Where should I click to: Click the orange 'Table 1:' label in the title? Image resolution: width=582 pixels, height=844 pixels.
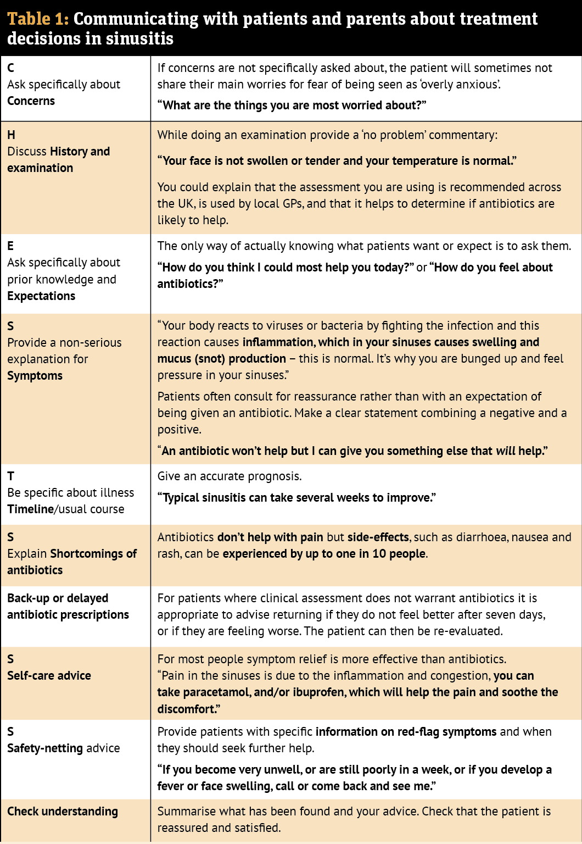pyautogui.click(x=38, y=19)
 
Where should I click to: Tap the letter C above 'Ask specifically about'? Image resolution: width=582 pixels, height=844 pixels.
pyautogui.click(x=11, y=68)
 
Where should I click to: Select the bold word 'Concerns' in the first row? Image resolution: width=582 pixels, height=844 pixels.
pyautogui.click(x=31, y=101)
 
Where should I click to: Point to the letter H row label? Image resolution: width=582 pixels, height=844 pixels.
pyautogui.click(x=11, y=135)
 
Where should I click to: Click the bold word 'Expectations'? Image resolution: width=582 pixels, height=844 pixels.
pyautogui.click(x=41, y=296)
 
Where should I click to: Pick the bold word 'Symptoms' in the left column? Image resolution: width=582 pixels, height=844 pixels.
pyautogui.click(x=35, y=376)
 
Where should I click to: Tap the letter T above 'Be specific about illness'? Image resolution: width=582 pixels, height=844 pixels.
pyautogui.click(x=11, y=476)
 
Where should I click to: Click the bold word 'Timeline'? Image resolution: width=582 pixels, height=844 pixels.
pyautogui.click(x=30, y=509)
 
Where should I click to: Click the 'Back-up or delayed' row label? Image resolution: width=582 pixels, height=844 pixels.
pyautogui.click(x=58, y=598)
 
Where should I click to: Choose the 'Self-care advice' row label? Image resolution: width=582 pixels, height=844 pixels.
pyautogui.click(x=49, y=676)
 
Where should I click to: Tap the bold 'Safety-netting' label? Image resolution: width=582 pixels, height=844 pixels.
pyautogui.click(x=45, y=748)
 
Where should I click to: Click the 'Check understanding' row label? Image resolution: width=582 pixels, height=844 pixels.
pyautogui.click(x=63, y=812)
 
